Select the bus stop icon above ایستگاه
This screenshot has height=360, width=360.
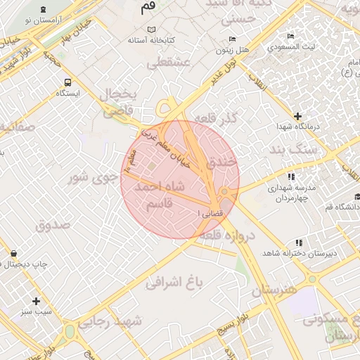(x=67, y=82)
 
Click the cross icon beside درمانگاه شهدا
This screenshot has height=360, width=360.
(x=298, y=116)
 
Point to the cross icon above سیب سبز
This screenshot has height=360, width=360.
(x=36, y=300)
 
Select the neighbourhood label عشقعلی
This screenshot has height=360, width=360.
(x=167, y=63)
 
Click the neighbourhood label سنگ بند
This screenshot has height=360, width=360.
(x=295, y=150)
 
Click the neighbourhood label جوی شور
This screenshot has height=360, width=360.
(x=92, y=176)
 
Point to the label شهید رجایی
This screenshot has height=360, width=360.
(x=110, y=321)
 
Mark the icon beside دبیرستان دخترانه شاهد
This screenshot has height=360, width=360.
(x=290, y=248)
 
